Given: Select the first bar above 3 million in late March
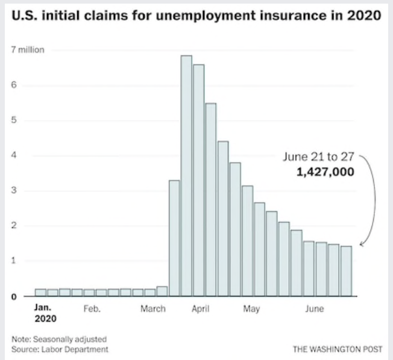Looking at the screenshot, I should [x=174, y=238].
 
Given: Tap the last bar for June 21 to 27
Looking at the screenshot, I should [x=346, y=271].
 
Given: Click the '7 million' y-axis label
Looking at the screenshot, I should [x=28, y=50].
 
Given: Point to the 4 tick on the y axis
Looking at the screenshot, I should [x=13, y=156].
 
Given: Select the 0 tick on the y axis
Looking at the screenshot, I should [x=13, y=296].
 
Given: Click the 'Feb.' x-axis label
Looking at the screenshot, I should [x=92, y=309].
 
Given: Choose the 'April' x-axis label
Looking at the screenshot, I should [x=200, y=309].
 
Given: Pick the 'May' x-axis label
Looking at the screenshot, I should [x=251, y=309].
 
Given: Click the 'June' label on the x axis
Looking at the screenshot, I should [x=314, y=309].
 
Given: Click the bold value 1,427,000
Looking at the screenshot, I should [x=325, y=172].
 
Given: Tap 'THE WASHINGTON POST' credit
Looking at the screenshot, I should [x=337, y=349].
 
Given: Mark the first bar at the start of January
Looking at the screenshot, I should [x=40, y=293].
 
